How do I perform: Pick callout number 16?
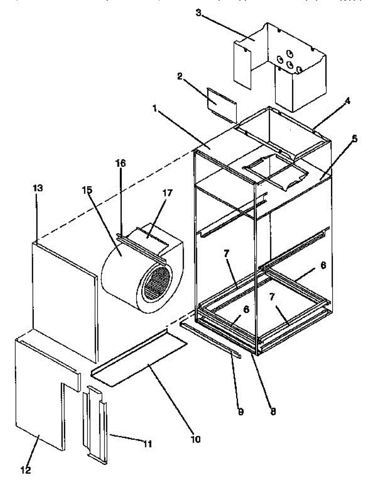(121, 163)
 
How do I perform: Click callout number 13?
(37, 188)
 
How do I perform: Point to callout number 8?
(273, 412)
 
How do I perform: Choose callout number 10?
(195, 439)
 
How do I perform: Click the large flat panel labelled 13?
(64, 297)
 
